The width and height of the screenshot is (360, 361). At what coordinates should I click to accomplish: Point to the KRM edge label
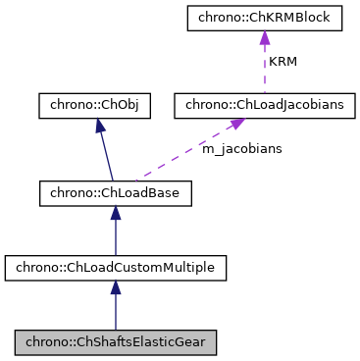click(283, 61)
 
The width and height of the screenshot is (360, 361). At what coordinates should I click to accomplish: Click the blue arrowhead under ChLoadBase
click(115, 214)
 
